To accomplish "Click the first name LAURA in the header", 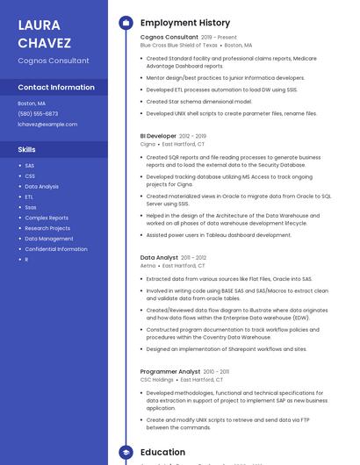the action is (40, 24).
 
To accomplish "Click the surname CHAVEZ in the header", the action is (44, 42).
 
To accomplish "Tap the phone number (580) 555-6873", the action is (38, 113).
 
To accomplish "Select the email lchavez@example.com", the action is (47, 124).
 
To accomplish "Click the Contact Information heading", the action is (56, 88).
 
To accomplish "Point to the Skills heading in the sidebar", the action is (26, 149).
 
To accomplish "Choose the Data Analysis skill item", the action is (41, 186).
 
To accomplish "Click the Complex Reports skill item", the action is (47, 218).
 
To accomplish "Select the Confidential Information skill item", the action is (56, 249).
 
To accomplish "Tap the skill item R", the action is (26, 260).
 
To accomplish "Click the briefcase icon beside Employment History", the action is (126, 23).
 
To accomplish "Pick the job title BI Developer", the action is (158, 136).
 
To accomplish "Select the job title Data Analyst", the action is (159, 258).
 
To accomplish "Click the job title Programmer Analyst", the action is (170, 371).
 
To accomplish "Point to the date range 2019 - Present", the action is (219, 38).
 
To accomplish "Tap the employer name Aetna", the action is (148, 265).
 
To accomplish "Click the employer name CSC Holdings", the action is (157, 379).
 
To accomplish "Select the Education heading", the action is (162, 453).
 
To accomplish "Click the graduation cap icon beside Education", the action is (126, 453).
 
